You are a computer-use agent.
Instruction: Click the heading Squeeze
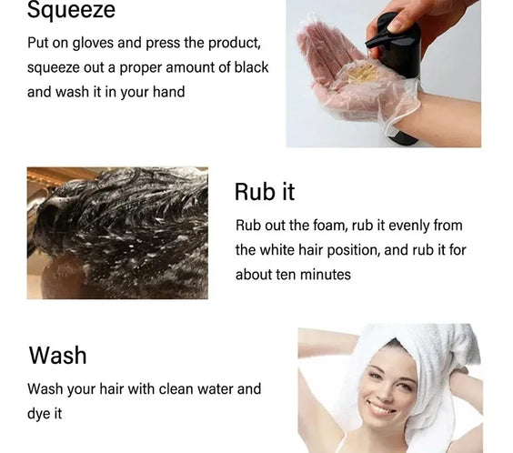pos(71,11)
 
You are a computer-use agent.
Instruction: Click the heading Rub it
pos(265,191)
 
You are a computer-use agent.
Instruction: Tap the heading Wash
pos(57,355)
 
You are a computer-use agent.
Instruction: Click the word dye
pos(41,413)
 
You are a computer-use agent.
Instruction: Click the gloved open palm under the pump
pos(341,73)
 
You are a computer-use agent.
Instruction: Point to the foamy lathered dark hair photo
pos(117,233)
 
